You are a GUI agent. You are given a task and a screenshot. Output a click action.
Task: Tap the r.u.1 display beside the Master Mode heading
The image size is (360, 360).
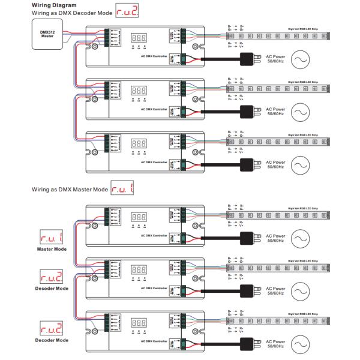pos(122,190)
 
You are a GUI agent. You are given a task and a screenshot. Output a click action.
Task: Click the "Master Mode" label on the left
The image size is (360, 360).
pos(52,248)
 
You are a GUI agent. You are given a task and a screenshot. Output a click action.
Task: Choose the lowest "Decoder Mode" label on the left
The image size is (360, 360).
pos(52,340)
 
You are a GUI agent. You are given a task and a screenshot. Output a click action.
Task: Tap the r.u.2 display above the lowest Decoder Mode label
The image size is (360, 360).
pos(52,328)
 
